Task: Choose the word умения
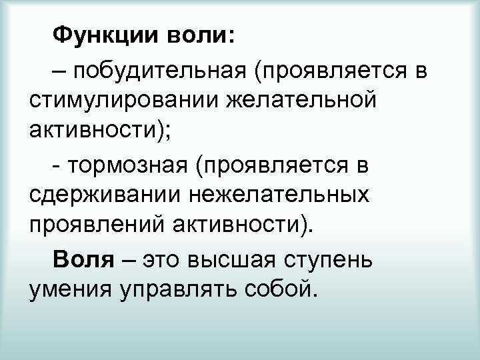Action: pos(68,291)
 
